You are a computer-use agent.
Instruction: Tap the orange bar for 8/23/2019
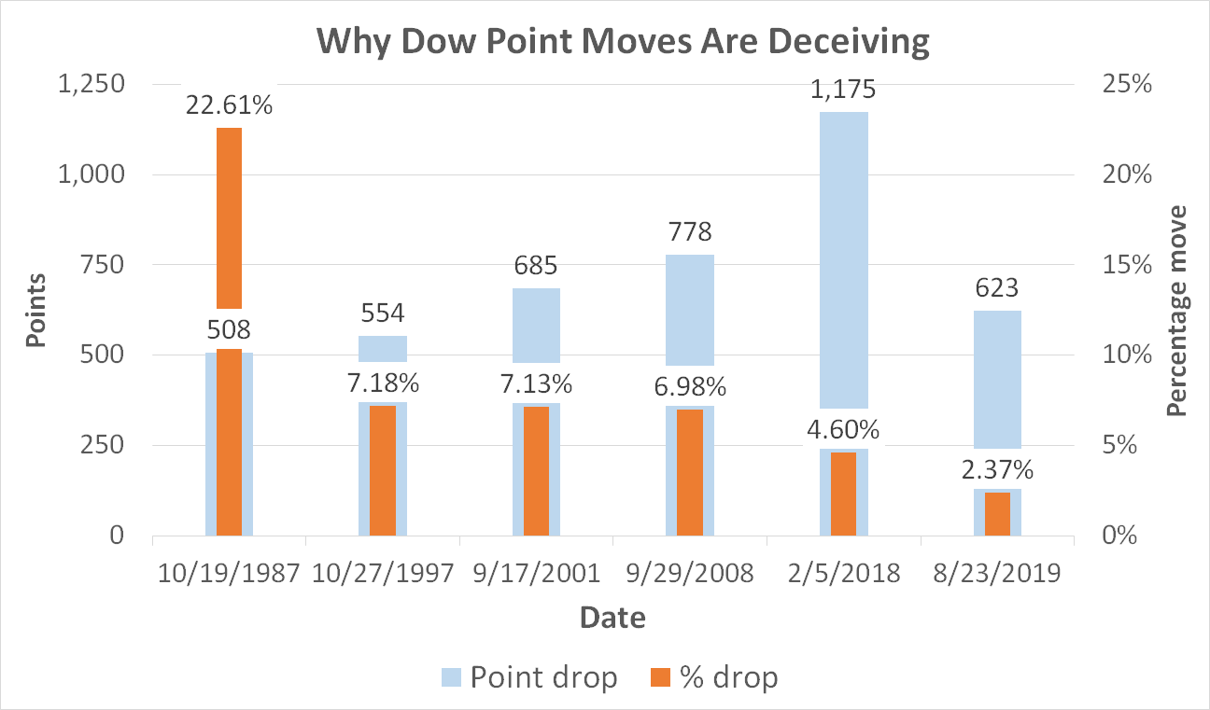[997, 513]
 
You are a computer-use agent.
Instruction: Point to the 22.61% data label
[230, 106]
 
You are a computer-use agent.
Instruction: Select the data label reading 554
[383, 313]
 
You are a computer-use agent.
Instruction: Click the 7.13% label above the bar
[536, 384]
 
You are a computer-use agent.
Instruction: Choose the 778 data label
[690, 231]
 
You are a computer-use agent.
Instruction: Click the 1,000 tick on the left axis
[91, 174]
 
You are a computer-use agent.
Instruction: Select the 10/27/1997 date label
[383, 573]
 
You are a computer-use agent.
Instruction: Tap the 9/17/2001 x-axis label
[536, 573]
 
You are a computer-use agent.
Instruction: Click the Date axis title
[612, 617]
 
